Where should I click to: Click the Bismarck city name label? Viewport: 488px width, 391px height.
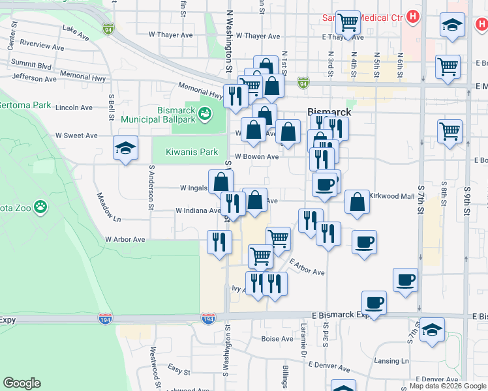(x=329, y=111)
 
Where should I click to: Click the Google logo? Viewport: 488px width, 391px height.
(x=22, y=383)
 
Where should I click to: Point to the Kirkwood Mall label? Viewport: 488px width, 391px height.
(x=392, y=196)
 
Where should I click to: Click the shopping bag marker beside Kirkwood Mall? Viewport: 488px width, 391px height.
(x=357, y=202)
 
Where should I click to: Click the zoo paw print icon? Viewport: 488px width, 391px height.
(x=40, y=207)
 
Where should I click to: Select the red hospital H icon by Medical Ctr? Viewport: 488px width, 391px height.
(x=412, y=18)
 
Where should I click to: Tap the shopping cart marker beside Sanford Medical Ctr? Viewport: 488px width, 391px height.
(x=348, y=22)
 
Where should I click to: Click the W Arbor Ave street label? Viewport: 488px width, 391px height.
(x=125, y=239)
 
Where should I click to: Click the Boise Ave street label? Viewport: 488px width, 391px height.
(x=277, y=339)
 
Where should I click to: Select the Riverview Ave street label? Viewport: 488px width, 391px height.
(x=42, y=47)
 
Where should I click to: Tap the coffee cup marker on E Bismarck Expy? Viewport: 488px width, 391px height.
(x=374, y=302)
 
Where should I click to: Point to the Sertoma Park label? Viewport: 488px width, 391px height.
(x=24, y=105)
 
